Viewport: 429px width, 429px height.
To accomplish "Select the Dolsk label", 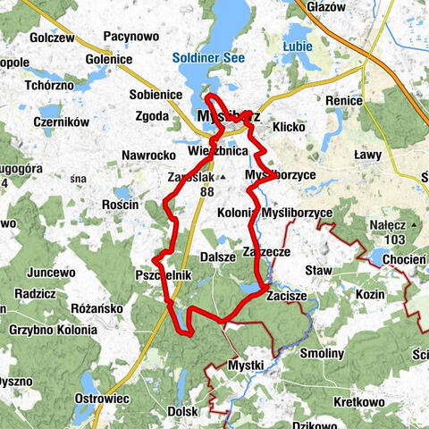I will pos(182,411).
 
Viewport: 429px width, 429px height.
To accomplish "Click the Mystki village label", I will pos(246,366).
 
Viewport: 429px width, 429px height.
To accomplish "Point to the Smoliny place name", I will pos(322,353).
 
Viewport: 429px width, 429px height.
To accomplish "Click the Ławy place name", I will pos(367,155).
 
